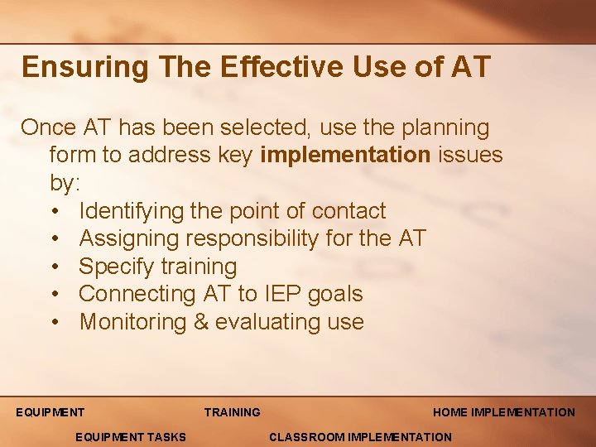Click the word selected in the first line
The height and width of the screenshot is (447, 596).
[270, 128]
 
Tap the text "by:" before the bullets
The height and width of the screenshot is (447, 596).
[65, 183]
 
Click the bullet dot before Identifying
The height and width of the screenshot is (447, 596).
[55, 211]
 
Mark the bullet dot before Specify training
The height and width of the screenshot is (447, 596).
[55, 267]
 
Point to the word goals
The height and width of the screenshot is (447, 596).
[336, 294]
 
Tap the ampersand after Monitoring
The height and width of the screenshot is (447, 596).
[201, 322]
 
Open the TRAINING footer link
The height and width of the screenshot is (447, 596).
[232, 412]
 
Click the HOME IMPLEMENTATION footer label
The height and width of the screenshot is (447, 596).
[503, 412]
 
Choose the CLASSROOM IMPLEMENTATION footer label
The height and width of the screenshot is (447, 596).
[361, 437]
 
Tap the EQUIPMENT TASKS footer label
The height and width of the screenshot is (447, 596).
[130, 437]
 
